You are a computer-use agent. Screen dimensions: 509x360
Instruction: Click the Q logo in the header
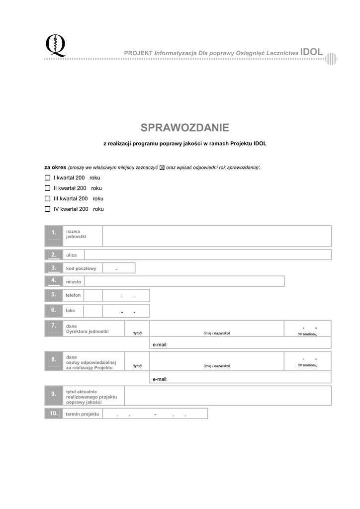[55, 46]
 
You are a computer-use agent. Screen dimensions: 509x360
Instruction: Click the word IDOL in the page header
[312, 51]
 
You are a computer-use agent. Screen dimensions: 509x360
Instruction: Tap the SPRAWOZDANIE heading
[184, 128]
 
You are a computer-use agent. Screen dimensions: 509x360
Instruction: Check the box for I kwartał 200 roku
[48, 177]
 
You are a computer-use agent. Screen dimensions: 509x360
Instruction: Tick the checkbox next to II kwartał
[48, 188]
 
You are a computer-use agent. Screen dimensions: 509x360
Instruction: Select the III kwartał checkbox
[48, 198]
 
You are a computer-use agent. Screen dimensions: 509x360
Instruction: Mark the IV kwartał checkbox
[48, 209]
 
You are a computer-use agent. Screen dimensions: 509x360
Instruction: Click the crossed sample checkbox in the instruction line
[162, 168]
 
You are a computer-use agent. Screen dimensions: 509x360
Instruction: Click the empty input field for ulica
[207, 255]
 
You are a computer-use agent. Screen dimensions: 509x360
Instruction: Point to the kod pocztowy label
[81, 268]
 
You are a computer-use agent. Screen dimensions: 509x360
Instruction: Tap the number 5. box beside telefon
[54, 295]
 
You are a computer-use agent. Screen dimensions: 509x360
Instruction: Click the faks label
[70, 310]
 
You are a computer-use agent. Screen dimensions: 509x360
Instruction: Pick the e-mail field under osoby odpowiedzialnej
[240, 378]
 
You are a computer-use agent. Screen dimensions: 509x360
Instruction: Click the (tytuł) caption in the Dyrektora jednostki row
[137, 333]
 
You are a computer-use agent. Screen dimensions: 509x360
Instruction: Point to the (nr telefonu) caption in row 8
[307, 365]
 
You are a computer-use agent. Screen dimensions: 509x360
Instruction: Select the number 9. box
[54, 395]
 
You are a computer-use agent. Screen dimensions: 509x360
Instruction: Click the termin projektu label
[83, 414]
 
